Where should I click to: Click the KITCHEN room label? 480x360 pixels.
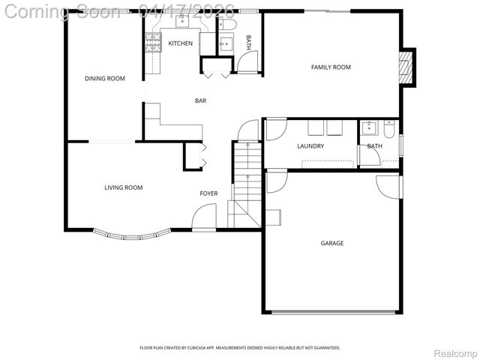180,43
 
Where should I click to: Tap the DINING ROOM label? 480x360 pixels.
104,79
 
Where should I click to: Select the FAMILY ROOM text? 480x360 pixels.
331,67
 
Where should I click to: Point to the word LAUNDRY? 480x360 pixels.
310,146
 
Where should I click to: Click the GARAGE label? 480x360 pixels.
332,243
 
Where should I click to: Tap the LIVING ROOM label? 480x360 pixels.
123,187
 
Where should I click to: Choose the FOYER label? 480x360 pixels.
208,193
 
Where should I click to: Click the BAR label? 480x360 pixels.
200,100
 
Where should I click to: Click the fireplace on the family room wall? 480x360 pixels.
406,67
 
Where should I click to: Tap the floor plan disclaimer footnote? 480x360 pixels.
240,348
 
